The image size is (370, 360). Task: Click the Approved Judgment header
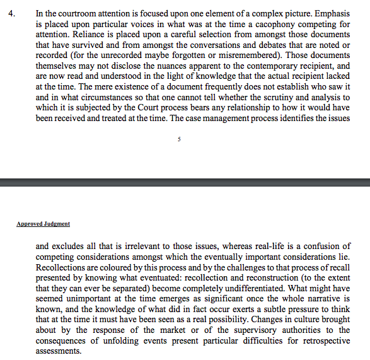point(43,224)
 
